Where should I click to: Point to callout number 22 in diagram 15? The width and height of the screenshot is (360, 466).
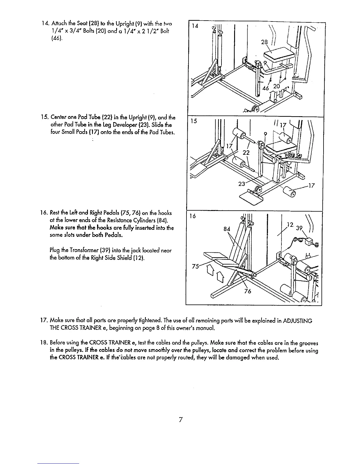click(x=246, y=152)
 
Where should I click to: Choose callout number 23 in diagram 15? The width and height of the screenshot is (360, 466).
click(x=242, y=184)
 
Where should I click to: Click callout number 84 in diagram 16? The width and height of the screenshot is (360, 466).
click(x=227, y=228)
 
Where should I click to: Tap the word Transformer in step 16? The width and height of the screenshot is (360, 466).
click(x=75, y=251)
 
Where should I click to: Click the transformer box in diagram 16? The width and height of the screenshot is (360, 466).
click(x=309, y=242)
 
